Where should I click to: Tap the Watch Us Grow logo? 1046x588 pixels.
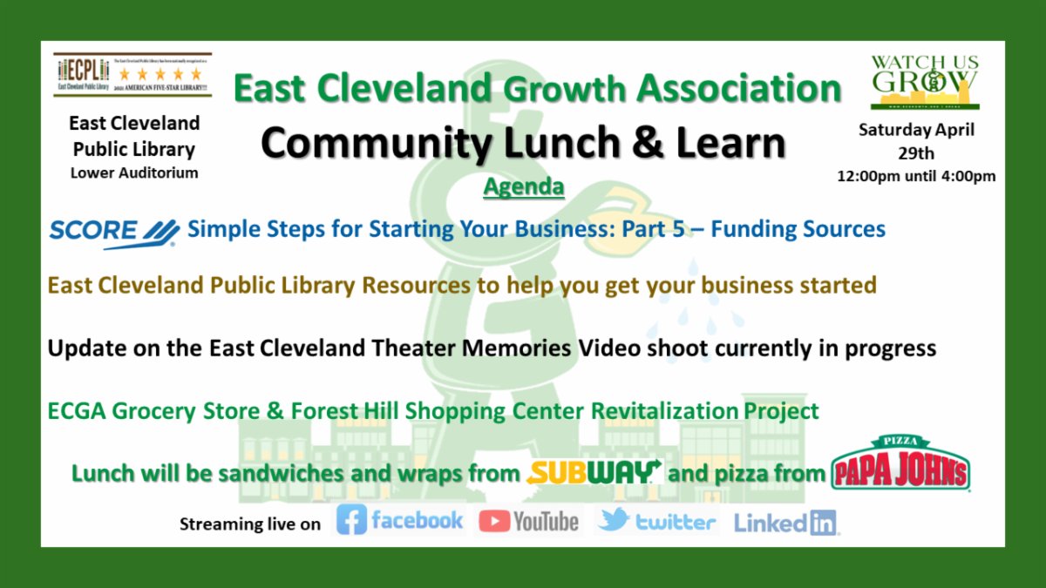coord(925,82)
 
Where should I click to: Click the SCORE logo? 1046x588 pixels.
coord(114,232)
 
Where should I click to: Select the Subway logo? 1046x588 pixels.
coord(594,472)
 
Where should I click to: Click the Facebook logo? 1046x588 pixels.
coord(400,521)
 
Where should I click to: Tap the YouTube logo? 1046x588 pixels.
coord(529,521)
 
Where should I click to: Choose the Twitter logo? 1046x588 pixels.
coord(657,521)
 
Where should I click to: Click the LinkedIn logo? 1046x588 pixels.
coord(785,523)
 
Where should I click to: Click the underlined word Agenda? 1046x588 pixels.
coord(523,186)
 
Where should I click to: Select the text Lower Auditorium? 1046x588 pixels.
coord(134,172)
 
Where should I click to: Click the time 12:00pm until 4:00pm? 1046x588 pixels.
coord(916,176)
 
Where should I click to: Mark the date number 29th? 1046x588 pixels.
coord(916,153)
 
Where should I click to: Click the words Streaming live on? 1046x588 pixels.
coord(250,524)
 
